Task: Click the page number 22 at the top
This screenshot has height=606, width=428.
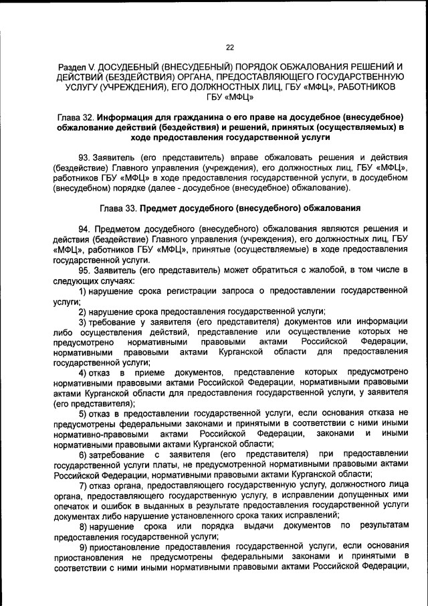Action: pos(229,48)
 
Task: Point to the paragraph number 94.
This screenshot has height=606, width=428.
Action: pos(84,228)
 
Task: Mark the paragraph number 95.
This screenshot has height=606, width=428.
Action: pos(84,270)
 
